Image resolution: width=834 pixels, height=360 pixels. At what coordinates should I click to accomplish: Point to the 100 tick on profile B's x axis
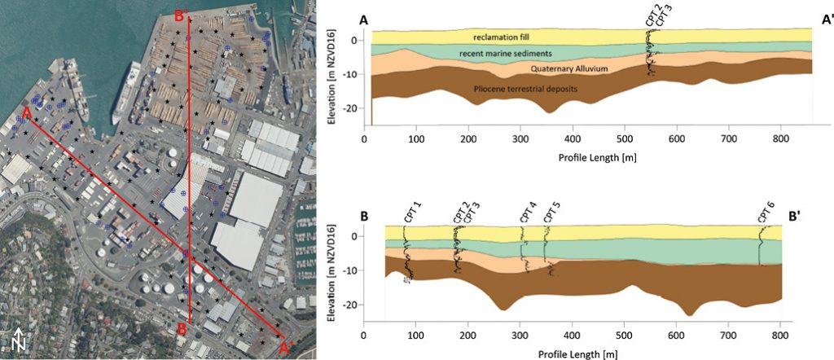[416, 336]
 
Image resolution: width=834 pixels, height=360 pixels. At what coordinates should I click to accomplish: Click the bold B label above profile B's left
[363, 217]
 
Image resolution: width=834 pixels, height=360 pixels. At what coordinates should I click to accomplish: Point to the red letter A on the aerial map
[27, 112]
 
